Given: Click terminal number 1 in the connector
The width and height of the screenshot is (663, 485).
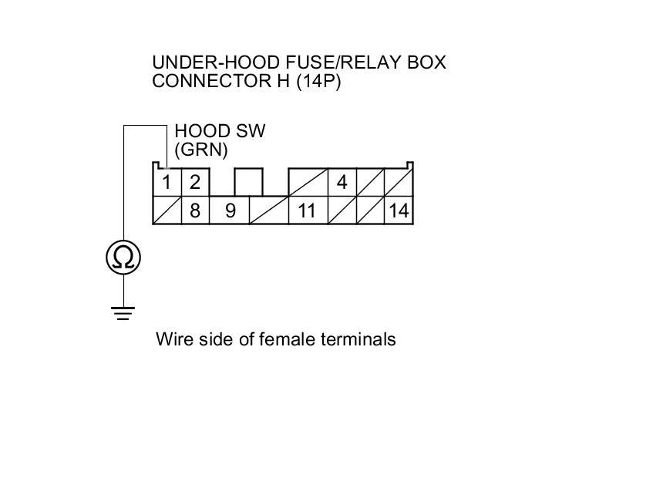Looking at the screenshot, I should (167, 183).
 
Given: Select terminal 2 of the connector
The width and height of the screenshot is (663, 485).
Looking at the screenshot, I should (194, 183).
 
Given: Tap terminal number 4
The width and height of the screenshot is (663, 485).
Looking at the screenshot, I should (342, 183).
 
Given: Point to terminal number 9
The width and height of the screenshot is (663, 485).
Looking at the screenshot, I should (230, 210).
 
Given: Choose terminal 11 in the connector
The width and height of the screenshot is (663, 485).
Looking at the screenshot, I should (307, 210).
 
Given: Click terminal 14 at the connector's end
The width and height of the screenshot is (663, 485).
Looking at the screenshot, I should (399, 210).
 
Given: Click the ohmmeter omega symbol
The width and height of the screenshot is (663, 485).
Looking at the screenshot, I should (123, 257).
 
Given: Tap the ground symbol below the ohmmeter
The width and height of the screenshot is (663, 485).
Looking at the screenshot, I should (123, 313).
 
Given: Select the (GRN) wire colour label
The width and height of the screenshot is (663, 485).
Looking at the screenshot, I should (201, 150).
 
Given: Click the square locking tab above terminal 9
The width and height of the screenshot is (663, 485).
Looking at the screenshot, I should (248, 183).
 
